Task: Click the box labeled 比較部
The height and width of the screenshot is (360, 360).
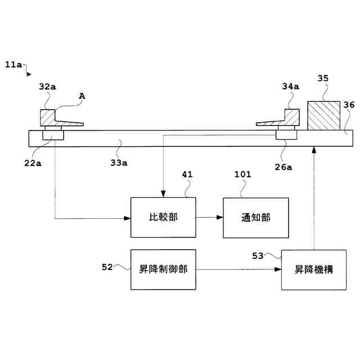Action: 163,217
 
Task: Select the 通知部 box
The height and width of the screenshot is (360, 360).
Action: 256,217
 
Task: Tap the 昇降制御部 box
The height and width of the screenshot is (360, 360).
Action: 163,269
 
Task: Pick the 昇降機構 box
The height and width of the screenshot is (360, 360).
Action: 314,269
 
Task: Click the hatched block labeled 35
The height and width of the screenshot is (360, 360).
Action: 323,116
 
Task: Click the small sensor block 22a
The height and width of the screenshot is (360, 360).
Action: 53,136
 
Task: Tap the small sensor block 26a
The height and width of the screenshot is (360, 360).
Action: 286,136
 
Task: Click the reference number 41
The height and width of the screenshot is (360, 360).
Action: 187,174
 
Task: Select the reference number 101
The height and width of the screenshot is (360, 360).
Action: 242,174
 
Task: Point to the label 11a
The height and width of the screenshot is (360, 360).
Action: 13,65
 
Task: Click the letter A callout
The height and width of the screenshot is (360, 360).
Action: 82,96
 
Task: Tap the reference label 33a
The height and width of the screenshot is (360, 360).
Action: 118,163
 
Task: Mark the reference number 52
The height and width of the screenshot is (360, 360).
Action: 107,267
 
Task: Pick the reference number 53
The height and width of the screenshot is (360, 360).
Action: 258,256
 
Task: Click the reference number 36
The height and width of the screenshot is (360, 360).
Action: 349,105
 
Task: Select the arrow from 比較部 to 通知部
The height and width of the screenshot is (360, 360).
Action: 209,217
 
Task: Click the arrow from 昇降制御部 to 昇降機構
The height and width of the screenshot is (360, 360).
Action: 238,269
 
